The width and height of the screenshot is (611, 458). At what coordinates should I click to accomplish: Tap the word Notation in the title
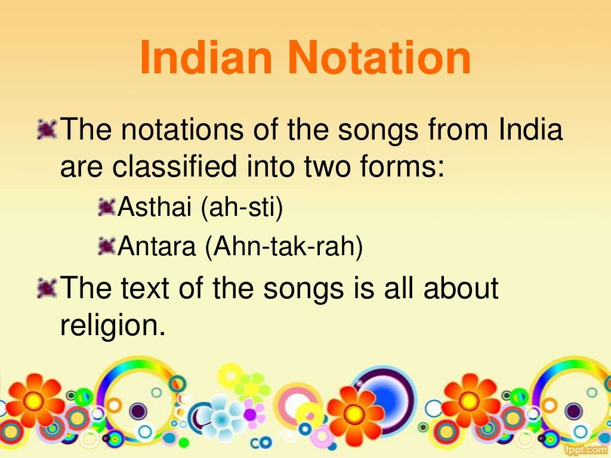(378, 58)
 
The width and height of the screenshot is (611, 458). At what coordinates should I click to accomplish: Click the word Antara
(158, 246)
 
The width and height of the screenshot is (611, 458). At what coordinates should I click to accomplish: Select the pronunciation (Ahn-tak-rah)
(284, 246)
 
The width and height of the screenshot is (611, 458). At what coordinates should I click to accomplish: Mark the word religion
(112, 324)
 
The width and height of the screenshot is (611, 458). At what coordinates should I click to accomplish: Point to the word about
(461, 287)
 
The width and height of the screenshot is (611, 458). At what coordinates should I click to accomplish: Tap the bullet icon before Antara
(106, 245)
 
